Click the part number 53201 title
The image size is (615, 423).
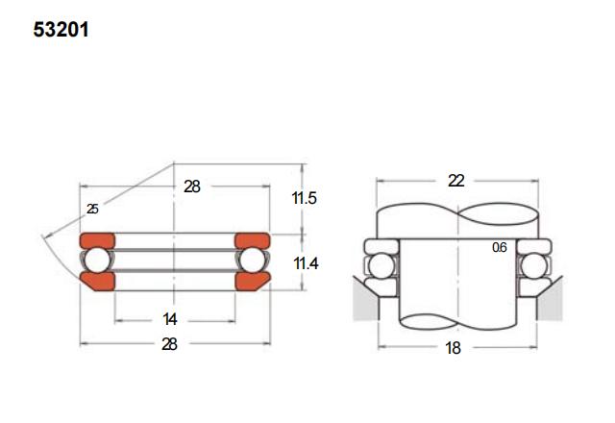click(x=61, y=30)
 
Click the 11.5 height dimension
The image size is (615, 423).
click(x=304, y=198)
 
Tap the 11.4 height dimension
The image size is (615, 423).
click(x=306, y=263)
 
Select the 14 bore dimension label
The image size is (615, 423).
click(x=170, y=319)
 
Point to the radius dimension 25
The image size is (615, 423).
click(x=92, y=209)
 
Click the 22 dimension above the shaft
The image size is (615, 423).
click(x=456, y=181)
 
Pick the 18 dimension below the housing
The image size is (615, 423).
click(x=453, y=348)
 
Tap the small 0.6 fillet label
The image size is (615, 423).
click(x=500, y=247)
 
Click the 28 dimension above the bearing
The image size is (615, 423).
click(x=192, y=187)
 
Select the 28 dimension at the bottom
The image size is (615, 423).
click(x=169, y=344)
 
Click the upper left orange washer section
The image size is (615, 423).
click(x=97, y=240)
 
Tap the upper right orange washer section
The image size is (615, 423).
click(x=252, y=240)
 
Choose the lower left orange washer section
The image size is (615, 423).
click(x=99, y=282)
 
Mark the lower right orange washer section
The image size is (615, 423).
click(x=251, y=282)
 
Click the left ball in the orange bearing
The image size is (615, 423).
click(x=97, y=261)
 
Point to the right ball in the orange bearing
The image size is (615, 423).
click(x=252, y=261)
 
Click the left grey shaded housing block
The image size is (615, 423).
click(x=366, y=300)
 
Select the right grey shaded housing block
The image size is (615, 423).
click(x=550, y=300)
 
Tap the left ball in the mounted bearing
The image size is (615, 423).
click(x=381, y=266)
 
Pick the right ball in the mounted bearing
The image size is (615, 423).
click(x=534, y=266)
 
